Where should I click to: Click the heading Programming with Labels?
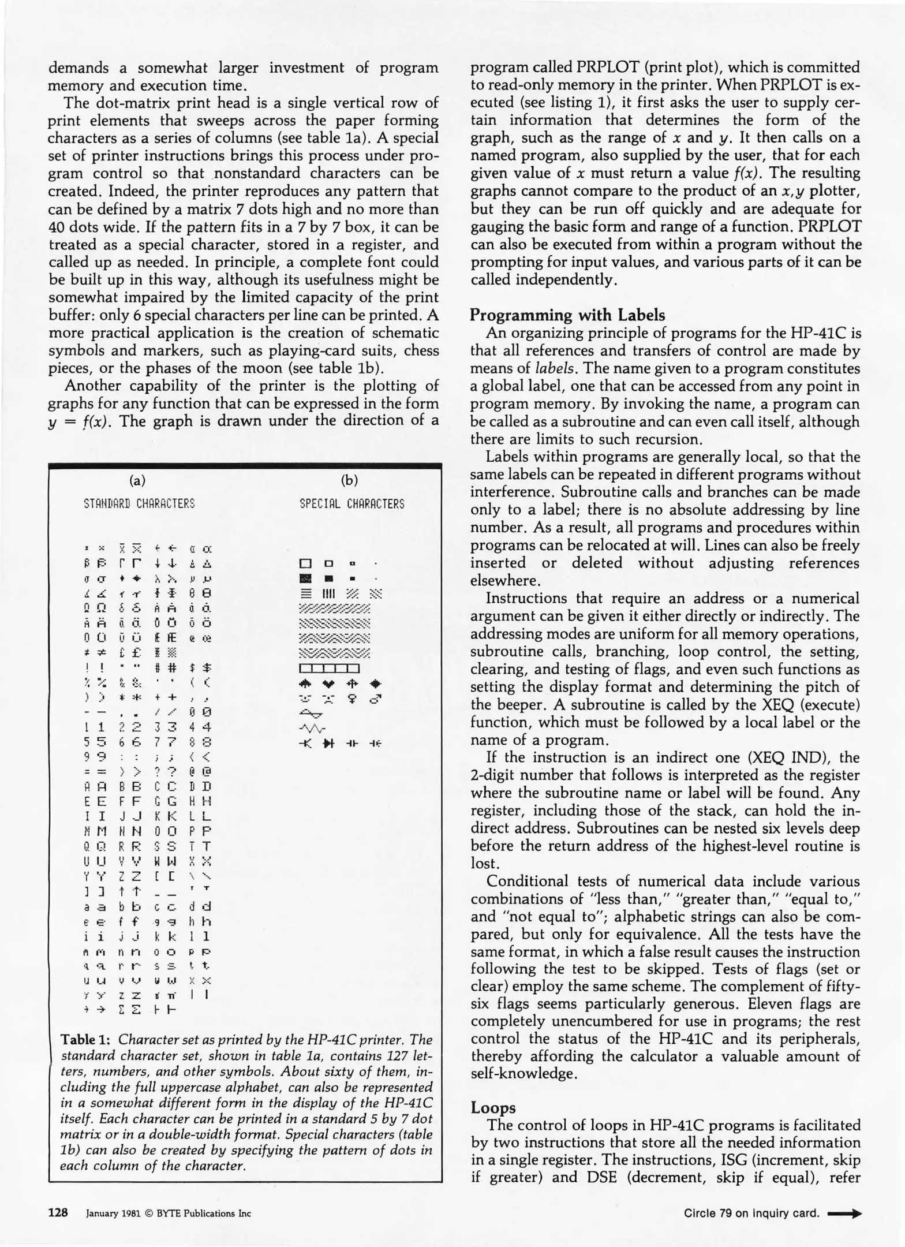coord(567,315)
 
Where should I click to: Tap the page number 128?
coord(58,1212)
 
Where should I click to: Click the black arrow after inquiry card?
coord(844,1213)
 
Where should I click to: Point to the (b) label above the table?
coord(350,480)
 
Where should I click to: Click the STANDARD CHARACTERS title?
coord(140,503)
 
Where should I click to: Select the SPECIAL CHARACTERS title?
coord(352,504)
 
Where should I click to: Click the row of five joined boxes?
coord(330,669)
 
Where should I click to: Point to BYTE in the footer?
coord(167,1213)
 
